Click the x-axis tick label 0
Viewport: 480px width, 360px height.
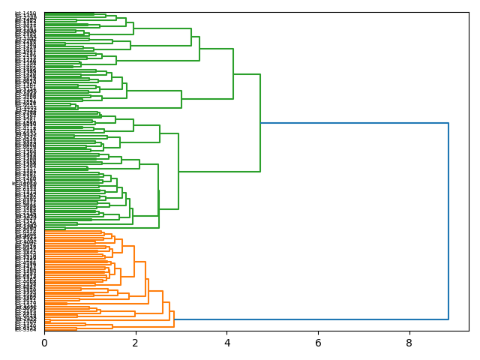tap(44, 343)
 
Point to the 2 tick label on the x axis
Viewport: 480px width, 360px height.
tap(136, 343)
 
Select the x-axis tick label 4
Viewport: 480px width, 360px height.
tap(227, 343)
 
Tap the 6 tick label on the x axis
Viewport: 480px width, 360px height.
tap(318, 343)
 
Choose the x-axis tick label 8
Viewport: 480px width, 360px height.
tap(409, 343)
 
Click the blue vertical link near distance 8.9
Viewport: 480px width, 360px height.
tap(448, 221)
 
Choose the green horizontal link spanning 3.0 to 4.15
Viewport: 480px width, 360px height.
tap(207, 99)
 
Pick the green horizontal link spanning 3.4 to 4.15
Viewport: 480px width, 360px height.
tap(216, 49)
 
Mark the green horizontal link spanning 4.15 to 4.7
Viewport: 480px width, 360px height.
tap(247, 74)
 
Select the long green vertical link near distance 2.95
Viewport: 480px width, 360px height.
tap(178, 172)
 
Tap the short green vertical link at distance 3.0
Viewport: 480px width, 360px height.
tap(181, 99)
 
